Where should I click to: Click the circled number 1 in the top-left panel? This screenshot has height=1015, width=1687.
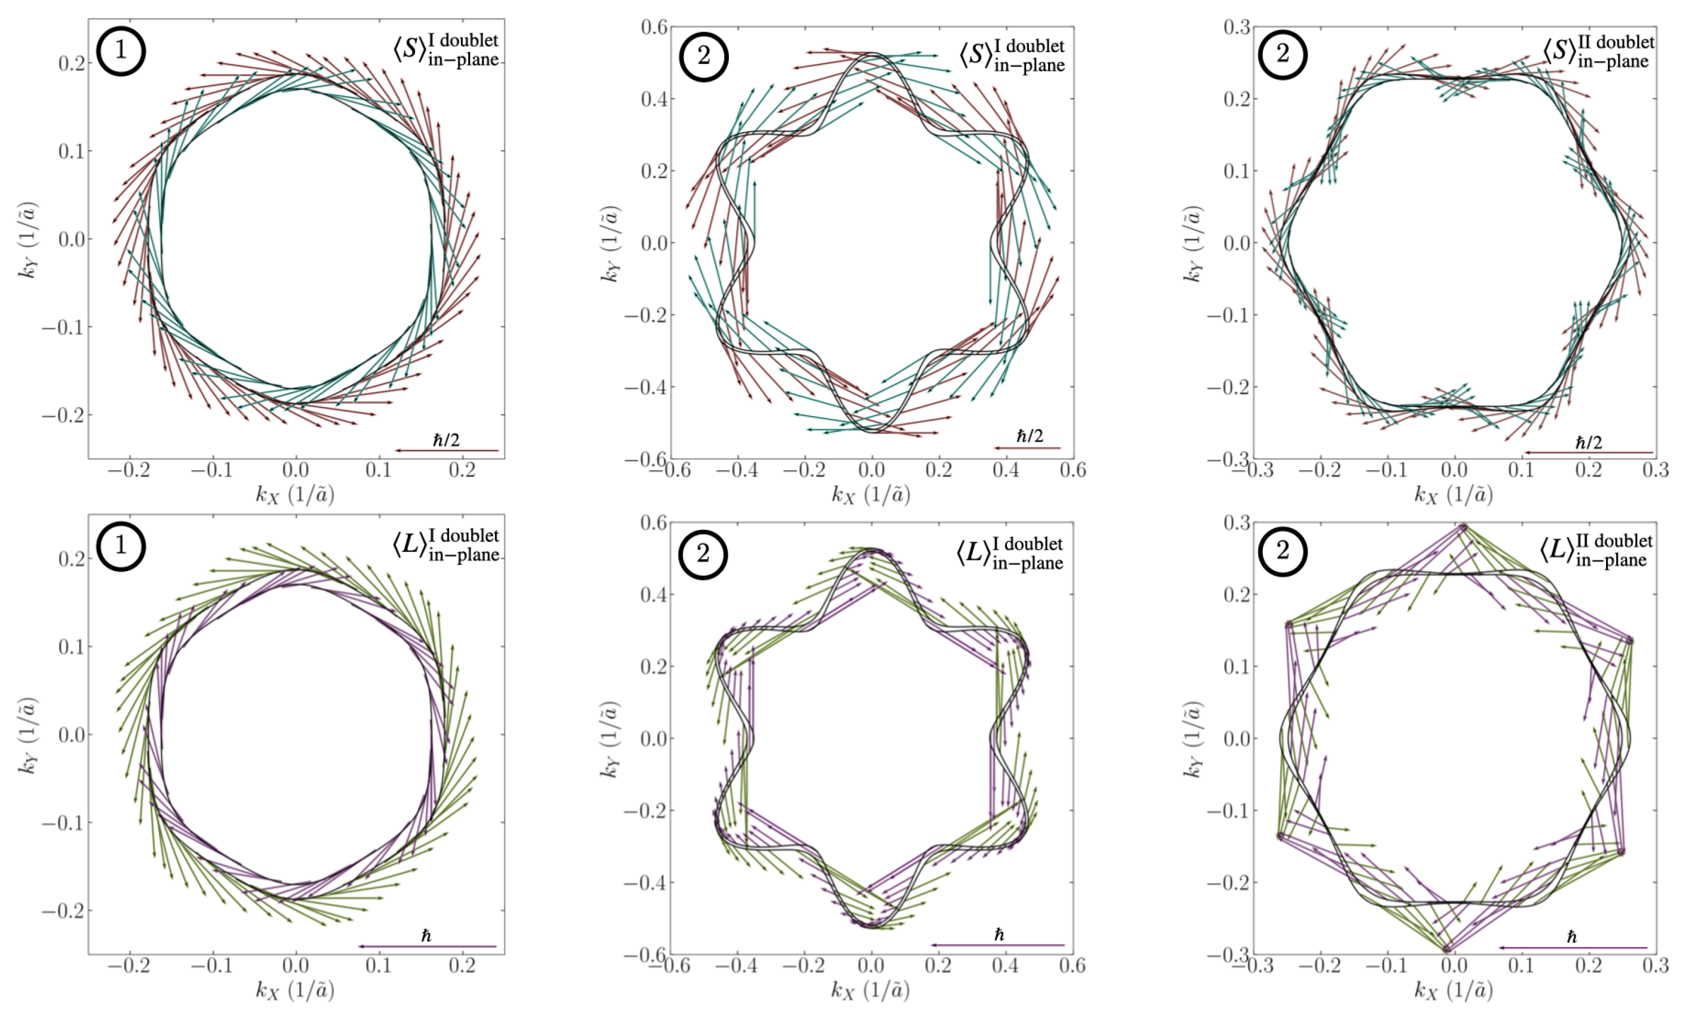(x=121, y=52)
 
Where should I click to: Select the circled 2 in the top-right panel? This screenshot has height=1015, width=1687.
(x=1282, y=55)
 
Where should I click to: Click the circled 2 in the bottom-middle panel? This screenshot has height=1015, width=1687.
(x=703, y=553)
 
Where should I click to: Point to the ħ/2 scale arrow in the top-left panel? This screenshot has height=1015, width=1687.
(x=447, y=450)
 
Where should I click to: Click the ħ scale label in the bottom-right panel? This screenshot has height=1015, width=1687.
(x=1571, y=936)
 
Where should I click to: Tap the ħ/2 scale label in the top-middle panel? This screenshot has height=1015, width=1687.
(x=1030, y=436)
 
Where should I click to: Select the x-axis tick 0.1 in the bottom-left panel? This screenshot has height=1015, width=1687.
(x=378, y=966)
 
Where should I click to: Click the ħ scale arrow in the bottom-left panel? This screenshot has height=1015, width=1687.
(x=428, y=947)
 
